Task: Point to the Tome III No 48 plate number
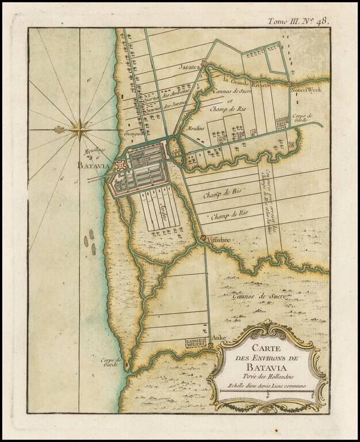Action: pos(298,22)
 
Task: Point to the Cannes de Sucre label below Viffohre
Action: pos(256,296)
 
